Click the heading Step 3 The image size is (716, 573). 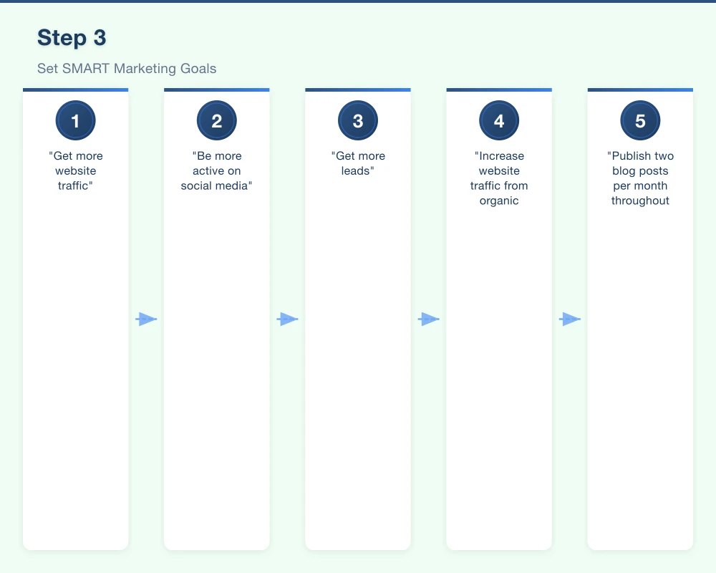[72, 38]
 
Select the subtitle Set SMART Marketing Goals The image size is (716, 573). [127, 69]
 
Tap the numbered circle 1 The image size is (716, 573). [75, 121]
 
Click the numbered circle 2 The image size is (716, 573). [216, 121]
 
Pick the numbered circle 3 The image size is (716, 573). [358, 121]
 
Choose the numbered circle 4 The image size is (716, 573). [499, 121]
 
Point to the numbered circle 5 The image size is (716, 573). [640, 121]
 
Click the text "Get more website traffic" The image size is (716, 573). [75, 171]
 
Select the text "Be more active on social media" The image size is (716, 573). [216, 171]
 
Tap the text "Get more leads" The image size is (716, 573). [358, 163]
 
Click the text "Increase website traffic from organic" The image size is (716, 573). [499, 178]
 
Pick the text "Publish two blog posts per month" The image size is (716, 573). [640, 178]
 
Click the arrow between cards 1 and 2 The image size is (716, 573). [146, 319]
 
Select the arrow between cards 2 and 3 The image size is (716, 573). [287, 319]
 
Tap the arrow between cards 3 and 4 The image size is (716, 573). [428, 319]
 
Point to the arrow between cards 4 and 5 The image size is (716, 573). [570, 319]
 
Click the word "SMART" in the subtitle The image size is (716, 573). [87, 69]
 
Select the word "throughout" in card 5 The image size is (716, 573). [640, 201]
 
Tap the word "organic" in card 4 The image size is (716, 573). [499, 201]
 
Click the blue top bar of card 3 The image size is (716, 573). [358, 90]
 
